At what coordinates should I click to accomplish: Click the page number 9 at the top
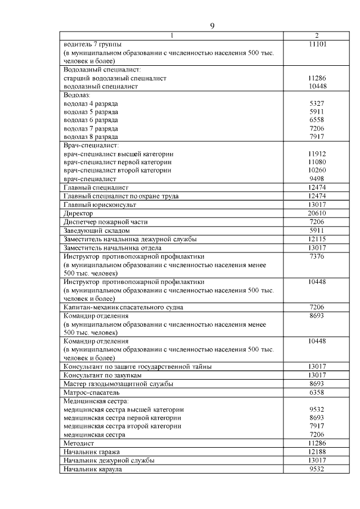click(x=212, y=25)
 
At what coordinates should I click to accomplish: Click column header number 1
click(x=172, y=36)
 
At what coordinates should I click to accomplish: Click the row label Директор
click(x=78, y=214)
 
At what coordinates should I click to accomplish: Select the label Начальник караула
click(x=93, y=469)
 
